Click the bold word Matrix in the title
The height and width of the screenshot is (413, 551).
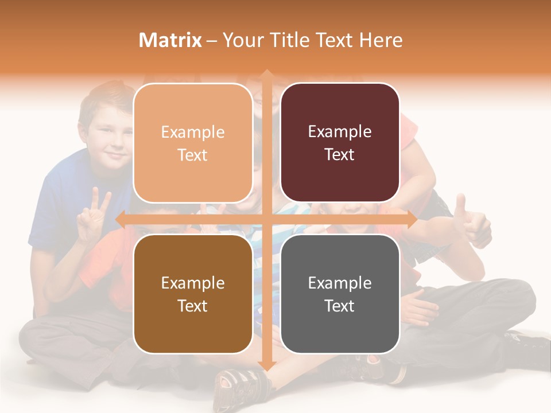tap(170, 40)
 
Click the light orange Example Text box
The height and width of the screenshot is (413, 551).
tap(193, 143)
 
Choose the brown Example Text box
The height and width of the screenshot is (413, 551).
tap(193, 294)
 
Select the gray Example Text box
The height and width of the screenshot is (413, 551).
tap(340, 294)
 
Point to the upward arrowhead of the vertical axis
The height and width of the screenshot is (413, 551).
tap(266, 75)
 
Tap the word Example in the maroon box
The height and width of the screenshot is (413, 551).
tap(340, 131)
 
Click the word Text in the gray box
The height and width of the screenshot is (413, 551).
tap(340, 306)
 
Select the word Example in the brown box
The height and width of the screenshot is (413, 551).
tap(193, 283)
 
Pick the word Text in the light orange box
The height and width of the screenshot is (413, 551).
tap(193, 155)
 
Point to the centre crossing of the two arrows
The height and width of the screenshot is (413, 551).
tap(266, 219)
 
